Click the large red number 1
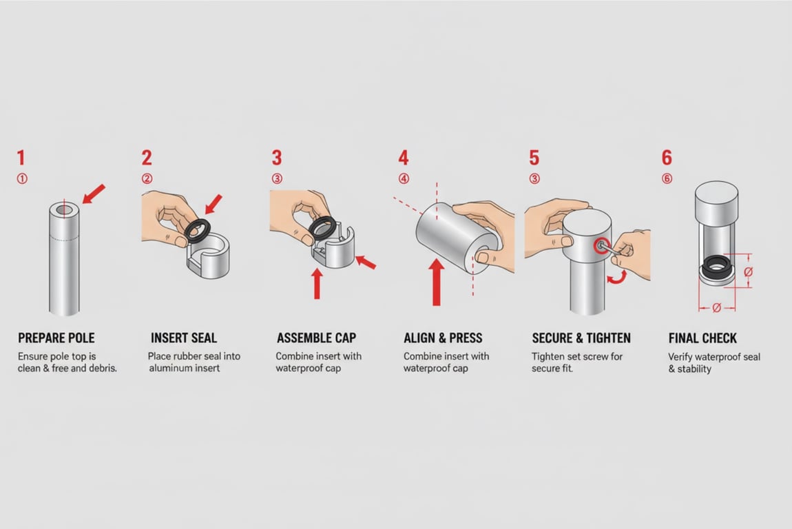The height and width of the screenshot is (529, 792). point(21,158)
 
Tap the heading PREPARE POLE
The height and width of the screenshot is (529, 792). point(56,338)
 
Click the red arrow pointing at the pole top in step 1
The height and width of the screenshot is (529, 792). point(94,194)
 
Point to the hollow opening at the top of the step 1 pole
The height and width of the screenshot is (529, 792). point(64,209)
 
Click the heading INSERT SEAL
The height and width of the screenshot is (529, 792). point(183,338)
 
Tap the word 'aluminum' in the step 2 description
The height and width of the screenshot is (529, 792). point(169,369)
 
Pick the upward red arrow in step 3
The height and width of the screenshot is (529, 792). point(317,283)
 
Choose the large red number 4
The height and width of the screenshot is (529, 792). point(404,158)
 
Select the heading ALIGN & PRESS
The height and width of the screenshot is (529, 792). point(443,338)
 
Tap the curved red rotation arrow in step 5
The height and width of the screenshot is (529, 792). point(615,277)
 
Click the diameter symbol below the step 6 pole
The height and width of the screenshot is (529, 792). point(716,308)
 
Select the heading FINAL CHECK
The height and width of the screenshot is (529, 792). point(702,338)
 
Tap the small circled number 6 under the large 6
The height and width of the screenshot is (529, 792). point(667,179)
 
